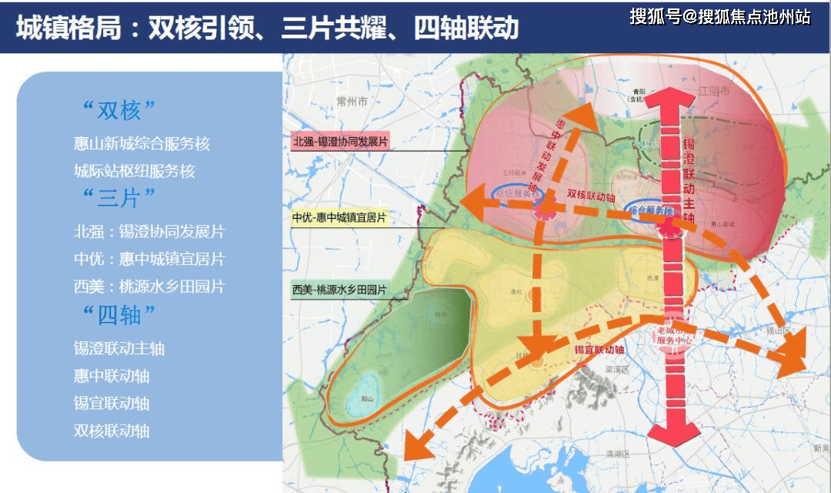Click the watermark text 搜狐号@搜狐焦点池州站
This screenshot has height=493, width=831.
719,16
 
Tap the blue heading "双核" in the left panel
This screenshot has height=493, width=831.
118,110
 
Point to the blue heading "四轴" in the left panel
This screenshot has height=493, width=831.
118,314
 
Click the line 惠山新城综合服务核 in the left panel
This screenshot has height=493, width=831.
142,143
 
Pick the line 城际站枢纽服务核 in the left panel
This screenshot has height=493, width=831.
135,170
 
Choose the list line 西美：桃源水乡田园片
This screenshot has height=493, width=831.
149,287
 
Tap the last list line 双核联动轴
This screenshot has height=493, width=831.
112,431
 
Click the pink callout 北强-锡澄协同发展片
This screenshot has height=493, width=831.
339,142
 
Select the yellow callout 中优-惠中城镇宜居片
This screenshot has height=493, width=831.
339,218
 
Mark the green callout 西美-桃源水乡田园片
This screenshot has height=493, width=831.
339,290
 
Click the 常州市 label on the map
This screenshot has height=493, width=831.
352,102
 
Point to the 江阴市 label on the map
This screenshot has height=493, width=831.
711,90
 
